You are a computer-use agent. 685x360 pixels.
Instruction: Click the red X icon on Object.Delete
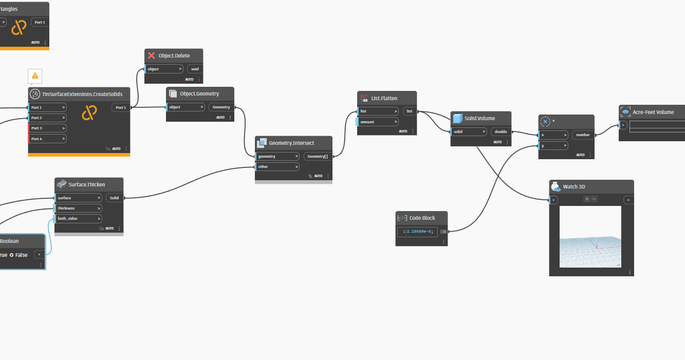pos(151,55)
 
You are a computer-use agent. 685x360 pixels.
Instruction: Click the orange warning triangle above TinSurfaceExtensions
pos(35,75)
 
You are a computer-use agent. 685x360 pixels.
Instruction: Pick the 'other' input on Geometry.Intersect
pos(277,167)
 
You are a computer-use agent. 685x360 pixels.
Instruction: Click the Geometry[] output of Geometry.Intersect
pos(318,156)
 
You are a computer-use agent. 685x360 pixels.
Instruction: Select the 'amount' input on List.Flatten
pos(378,122)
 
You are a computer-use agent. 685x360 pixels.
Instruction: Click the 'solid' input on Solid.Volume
pos(469,132)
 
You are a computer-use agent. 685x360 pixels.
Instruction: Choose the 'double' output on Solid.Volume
pos(501,132)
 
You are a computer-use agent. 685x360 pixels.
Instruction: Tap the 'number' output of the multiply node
pos(582,135)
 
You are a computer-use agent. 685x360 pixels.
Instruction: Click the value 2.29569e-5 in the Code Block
pos(420,232)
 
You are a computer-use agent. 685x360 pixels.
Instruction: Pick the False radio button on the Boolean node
pos(11,255)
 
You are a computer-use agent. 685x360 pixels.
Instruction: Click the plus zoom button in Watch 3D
pos(587,199)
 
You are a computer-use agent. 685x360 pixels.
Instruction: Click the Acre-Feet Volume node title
pos(653,112)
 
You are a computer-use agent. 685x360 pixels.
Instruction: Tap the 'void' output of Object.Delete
pos(195,69)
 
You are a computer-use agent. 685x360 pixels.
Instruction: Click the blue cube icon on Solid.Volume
pos(457,118)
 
